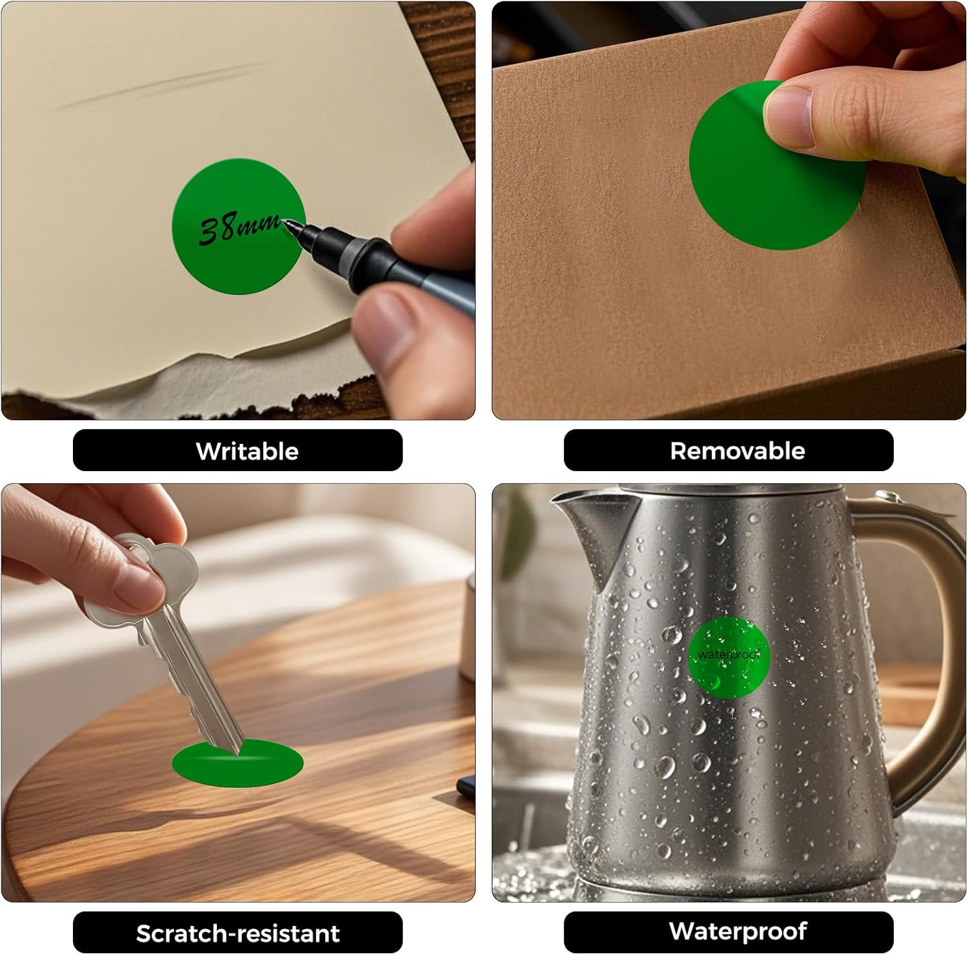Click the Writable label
(x=247, y=451)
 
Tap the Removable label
(x=738, y=450)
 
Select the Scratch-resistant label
(x=237, y=933)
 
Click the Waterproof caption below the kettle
(x=738, y=931)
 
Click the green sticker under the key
(x=237, y=763)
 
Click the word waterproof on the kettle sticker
(x=727, y=654)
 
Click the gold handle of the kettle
(x=923, y=645)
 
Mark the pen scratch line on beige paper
(x=161, y=85)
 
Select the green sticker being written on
(x=238, y=226)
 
